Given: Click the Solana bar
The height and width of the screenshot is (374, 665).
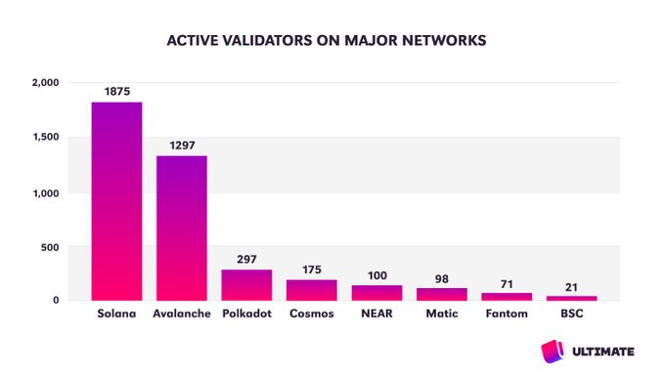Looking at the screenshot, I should pos(116,201).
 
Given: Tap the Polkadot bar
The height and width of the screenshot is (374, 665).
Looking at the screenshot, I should pos(246,284).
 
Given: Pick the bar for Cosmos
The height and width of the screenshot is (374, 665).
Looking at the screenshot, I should pos(311,290).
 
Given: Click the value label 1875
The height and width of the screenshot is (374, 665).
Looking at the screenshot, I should pos(116,92).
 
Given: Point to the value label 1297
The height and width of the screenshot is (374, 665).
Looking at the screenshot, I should pos(182,145).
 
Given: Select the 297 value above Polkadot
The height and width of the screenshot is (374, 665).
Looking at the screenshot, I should pos(246,259).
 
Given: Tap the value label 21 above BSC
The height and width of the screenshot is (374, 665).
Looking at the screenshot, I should pos(571,286).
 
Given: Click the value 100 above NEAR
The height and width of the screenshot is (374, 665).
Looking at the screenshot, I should pos(377,275).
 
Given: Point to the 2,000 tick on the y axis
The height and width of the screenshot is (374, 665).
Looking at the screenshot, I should pos(45,83).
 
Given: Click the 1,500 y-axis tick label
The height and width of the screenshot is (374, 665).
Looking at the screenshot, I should pos(45,138).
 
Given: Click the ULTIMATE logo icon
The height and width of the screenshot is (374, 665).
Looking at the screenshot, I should pos(552,350).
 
